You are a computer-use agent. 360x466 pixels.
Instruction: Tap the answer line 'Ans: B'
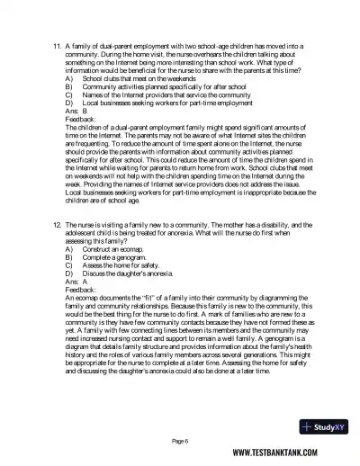point(77,113)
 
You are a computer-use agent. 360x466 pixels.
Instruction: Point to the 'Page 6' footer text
point(181,441)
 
